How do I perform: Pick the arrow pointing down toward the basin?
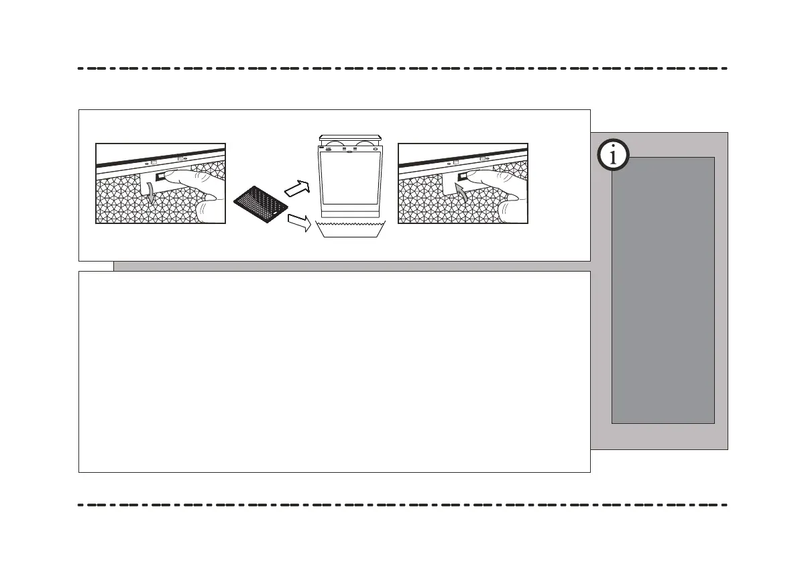pyautogui.click(x=298, y=223)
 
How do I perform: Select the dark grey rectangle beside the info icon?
pyautogui.click(x=663, y=290)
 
